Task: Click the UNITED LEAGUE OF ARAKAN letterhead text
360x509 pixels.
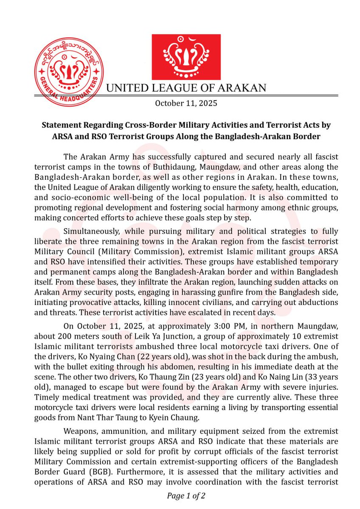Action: point(186,88)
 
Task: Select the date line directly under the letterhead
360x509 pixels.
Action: point(186,103)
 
